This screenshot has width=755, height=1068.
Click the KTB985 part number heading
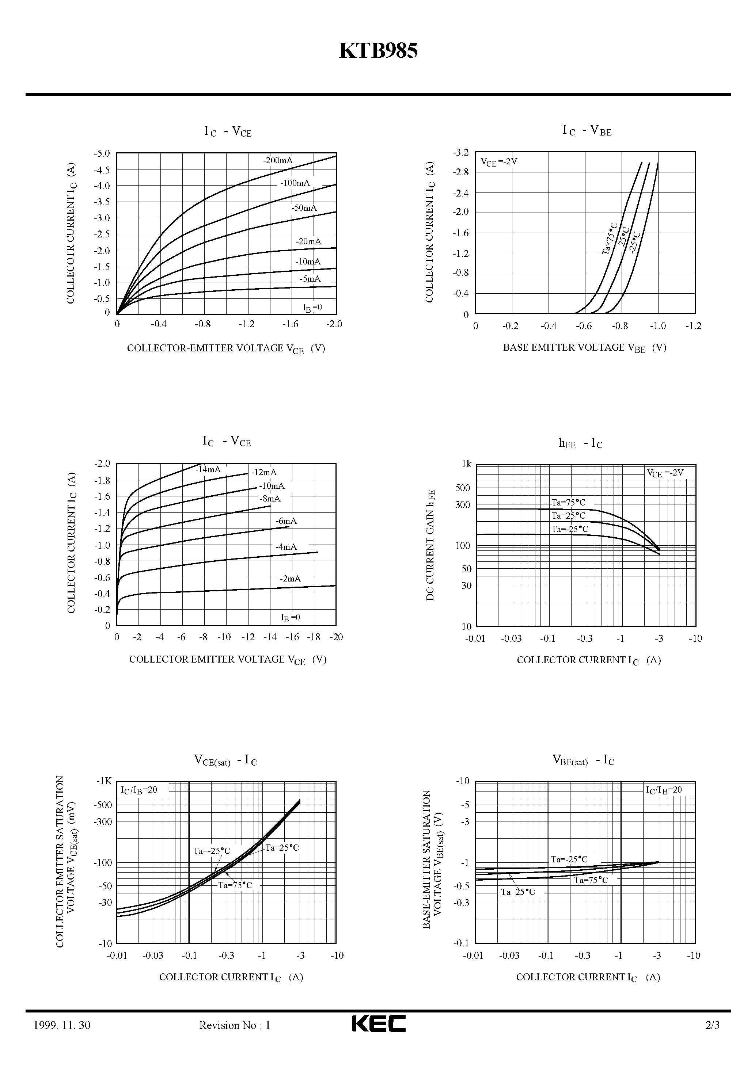[x=378, y=51]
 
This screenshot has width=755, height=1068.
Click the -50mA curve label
[x=304, y=208]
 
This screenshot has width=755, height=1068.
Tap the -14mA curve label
[x=208, y=469]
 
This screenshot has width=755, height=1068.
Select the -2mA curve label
[x=290, y=579]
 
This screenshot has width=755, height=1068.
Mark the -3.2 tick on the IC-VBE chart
[x=461, y=153]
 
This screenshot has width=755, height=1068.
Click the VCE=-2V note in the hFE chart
[x=665, y=473]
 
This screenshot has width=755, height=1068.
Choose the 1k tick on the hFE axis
[x=466, y=464]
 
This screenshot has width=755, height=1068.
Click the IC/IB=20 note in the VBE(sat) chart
[x=663, y=790]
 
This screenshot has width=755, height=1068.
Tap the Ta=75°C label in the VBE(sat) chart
[x=591, y=880]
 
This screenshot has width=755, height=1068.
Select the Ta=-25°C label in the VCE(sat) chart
[x=212, y=851]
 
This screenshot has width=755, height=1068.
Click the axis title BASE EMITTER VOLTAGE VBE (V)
[x=585, y=348]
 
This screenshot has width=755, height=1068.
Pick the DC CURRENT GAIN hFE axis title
[x=430, y=545]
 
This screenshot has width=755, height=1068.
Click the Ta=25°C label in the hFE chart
[x=568, y=515]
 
